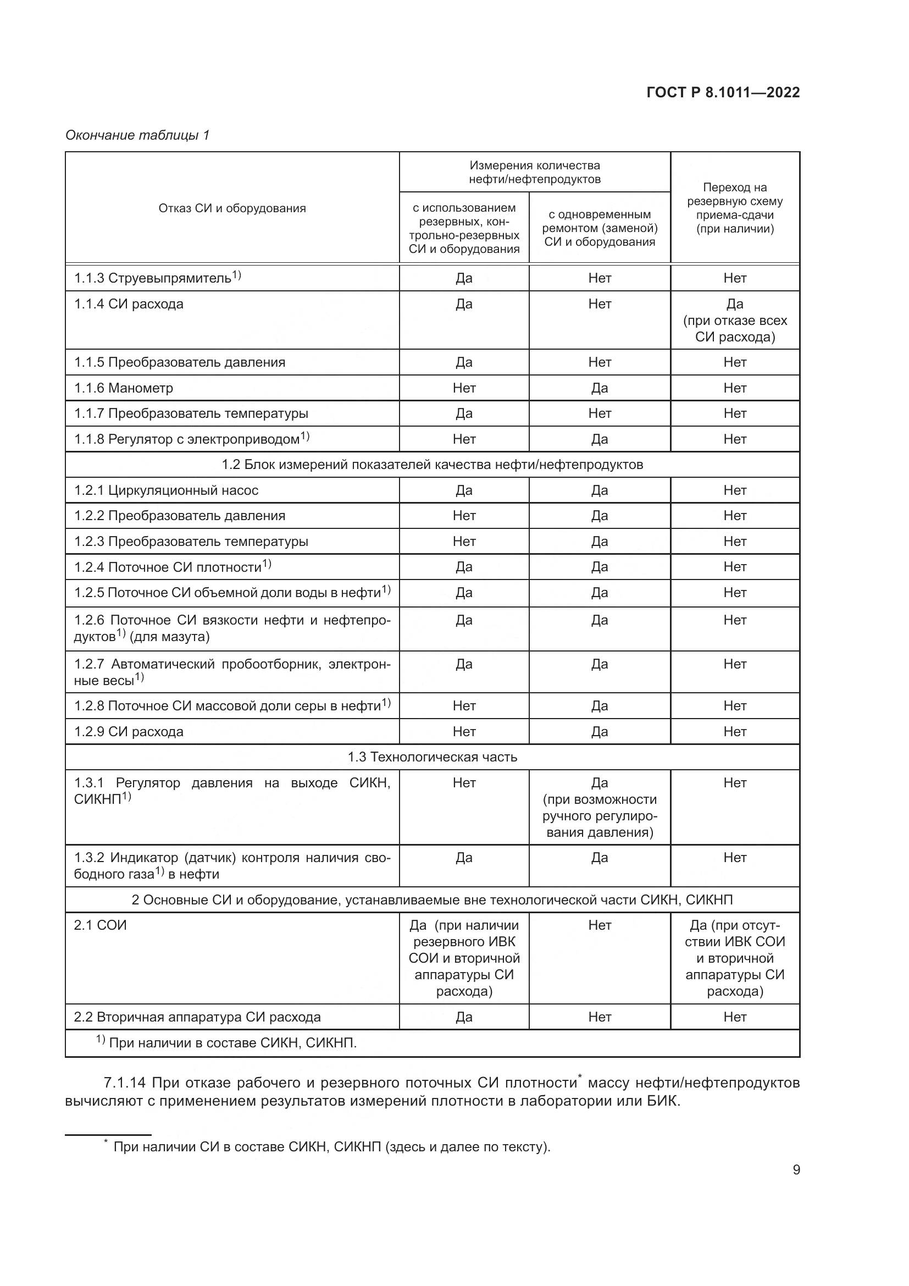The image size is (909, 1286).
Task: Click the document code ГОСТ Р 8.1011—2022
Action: click(723, 92)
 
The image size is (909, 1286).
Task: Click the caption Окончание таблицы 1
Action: click(137, 135)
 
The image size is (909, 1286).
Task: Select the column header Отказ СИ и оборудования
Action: click(232, 208)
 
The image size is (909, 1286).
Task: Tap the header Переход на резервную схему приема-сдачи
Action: click(734, 208)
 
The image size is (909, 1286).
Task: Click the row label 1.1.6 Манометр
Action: click(124, 388)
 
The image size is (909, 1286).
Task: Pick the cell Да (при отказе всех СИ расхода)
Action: click(734, 321)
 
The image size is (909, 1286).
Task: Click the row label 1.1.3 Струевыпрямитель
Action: click(157, 278)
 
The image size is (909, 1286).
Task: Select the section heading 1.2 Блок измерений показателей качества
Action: click(432, 465)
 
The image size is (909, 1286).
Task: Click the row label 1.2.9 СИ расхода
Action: click(129, 731)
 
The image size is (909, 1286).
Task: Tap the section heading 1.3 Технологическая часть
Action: click(432, 757)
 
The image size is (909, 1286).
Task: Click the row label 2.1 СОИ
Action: click(101, 925)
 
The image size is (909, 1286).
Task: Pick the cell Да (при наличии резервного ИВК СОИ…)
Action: click(464, 958)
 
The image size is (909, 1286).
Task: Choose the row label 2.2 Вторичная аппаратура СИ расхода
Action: click(197, 1017)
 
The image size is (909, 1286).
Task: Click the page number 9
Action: click(796, 1169)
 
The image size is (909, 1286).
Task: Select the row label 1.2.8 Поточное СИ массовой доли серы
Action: click(232, 706)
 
